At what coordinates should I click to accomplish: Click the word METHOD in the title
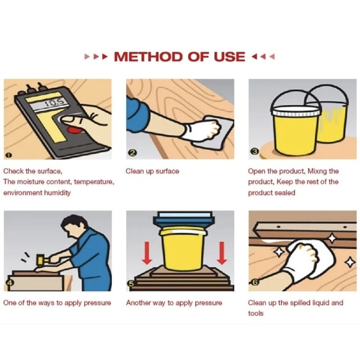pos(148,57)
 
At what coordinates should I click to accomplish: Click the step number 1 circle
pos(8,155)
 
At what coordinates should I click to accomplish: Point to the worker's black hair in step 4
pos(73,223)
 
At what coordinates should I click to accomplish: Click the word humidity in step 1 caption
pos(57,193)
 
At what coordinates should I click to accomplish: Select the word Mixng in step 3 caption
pos(317,171)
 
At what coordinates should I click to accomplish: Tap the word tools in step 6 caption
pos(256,313)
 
